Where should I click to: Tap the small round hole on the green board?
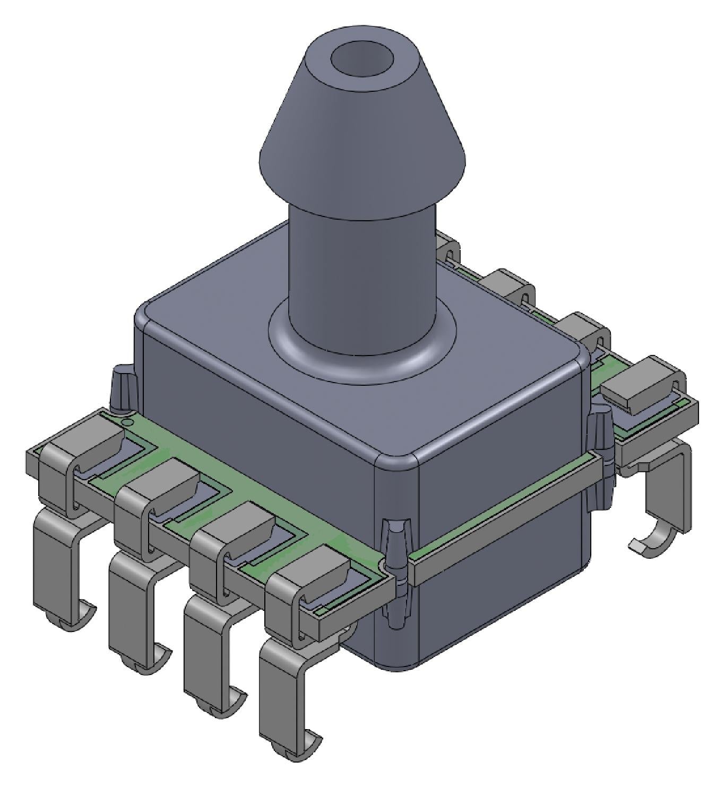pos(126,421)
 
